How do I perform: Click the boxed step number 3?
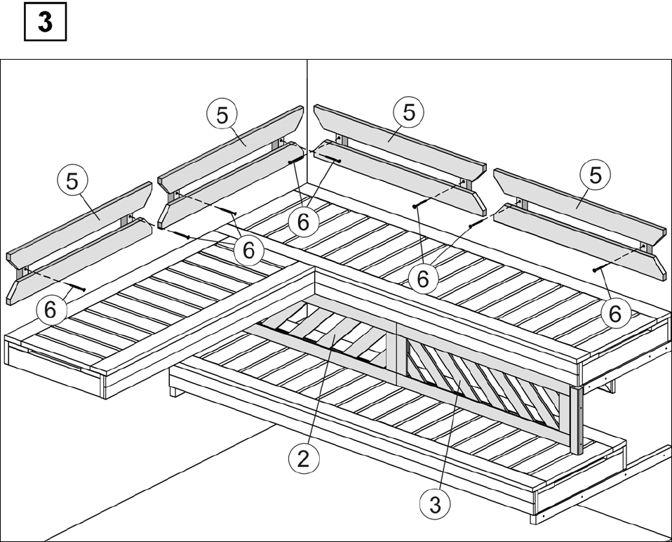(x=45, y=22)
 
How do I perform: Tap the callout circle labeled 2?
(x=304, y=459)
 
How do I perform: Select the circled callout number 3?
(x=435, y=504)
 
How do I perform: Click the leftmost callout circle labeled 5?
(x=72, y=181)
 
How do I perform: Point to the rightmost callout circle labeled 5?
(x=596, y=175)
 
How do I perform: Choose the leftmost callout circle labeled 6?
(x=51, y=309)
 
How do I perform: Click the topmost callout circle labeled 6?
(x=304, y=222)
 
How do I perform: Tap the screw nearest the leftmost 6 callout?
(x=76, y=288)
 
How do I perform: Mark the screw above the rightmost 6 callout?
(x=600, y=268)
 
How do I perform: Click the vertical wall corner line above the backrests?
(x=307, y=120)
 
